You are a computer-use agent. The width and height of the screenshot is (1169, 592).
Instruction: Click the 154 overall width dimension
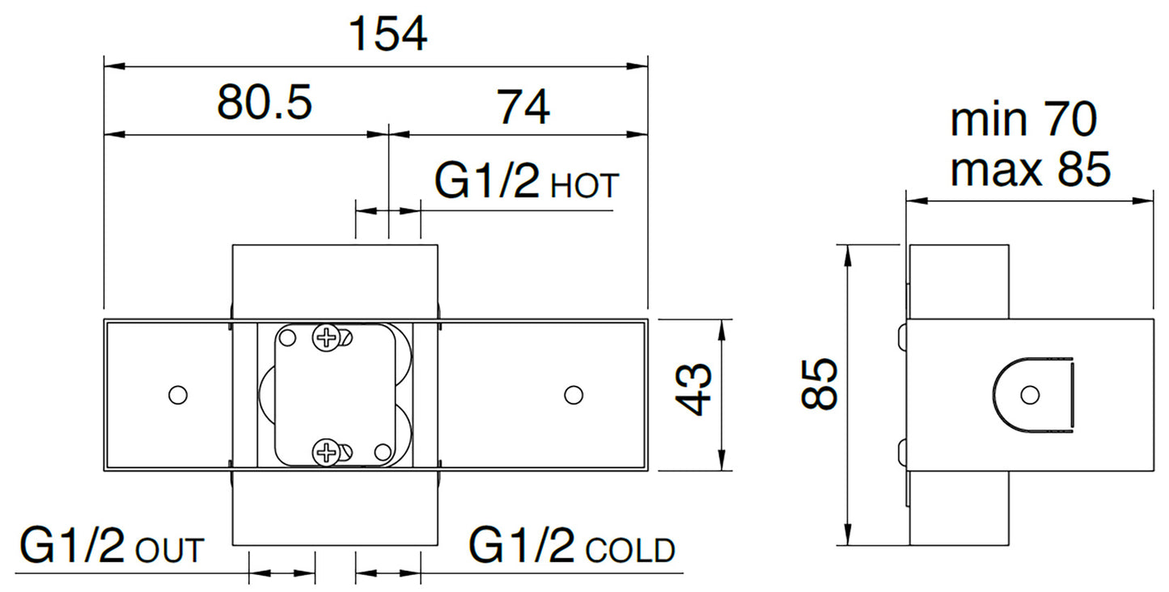388,34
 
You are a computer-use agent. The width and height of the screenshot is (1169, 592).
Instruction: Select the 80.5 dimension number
265,102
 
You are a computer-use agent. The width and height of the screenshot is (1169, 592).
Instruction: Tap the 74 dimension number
523,107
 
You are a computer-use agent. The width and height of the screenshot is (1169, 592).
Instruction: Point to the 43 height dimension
693,390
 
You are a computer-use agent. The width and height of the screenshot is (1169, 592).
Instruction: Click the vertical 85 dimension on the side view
820,383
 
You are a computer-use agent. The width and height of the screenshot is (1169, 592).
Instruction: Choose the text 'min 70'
1023,120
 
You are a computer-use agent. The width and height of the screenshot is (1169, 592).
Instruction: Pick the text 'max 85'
1030,169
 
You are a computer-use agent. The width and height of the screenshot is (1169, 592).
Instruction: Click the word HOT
584,186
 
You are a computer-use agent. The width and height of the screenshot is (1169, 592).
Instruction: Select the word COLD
630,550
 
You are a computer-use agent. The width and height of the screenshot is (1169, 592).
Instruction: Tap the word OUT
170,550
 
